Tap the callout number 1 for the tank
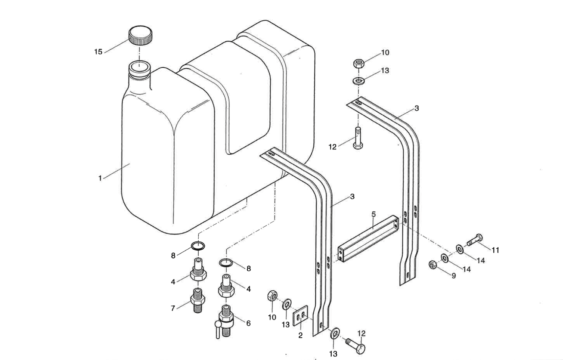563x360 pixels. coord(100,178)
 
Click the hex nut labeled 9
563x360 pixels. coord(433,265)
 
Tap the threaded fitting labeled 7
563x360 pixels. coord(197,300)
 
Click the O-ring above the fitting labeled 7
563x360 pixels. coord(198,246)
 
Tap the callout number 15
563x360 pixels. coord(98,52)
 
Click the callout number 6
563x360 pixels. coord(248,323)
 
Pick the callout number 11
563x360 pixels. coord(495,250)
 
